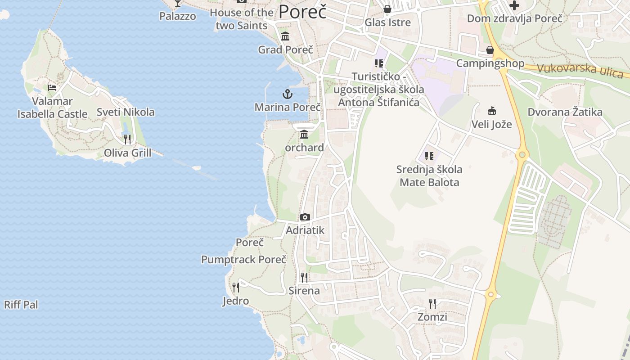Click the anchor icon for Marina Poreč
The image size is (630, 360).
(x=287, y=94)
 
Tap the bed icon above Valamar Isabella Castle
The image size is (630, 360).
(x=52, y=87)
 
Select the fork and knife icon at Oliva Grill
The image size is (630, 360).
(x=127, y=139)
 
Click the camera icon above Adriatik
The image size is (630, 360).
(x=305, y=217)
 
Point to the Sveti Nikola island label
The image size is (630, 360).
(x=126, y=112)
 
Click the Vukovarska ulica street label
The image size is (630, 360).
(x=580, y=70)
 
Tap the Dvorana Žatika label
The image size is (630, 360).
(x=565, y=112)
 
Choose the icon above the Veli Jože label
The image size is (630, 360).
(x=491, y=111)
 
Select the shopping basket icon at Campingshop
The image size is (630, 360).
(x=490, y=50)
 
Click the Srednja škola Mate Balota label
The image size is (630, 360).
(x=429, y=176)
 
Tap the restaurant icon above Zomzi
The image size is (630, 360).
(x=432, y=303)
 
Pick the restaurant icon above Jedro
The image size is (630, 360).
(x=235, y=287)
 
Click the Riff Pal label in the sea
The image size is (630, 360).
(x=21, y=305)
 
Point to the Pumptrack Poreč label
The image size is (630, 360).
(x=243, y=260)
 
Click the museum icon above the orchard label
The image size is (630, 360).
(x=304, y=135)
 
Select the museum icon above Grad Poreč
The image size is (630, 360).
(x=285, y=36)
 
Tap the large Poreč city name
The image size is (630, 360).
(x=302, y=12)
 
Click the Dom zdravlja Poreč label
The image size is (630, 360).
(x=514, y=18)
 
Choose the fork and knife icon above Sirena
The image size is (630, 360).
(x=304, y=277)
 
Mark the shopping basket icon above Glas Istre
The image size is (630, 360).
(x=387, y=9)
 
